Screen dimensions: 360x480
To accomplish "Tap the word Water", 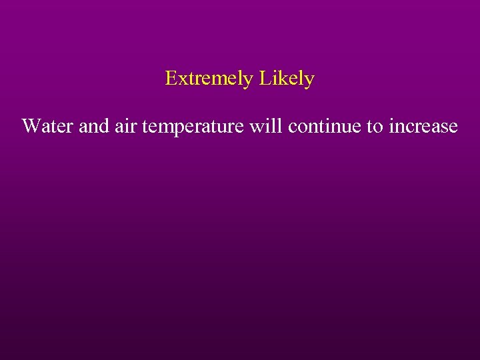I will [x=47, y=125].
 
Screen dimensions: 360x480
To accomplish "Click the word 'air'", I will [x=125, y=125].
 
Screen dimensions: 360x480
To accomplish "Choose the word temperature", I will [x=192, y=126].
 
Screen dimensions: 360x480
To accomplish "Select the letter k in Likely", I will [x=280, y=79].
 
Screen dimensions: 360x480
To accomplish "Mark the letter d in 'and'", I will [x=103, y=125].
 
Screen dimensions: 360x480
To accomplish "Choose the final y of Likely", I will [x=309, y=81].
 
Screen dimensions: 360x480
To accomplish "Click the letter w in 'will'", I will [x=255, y=127].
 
